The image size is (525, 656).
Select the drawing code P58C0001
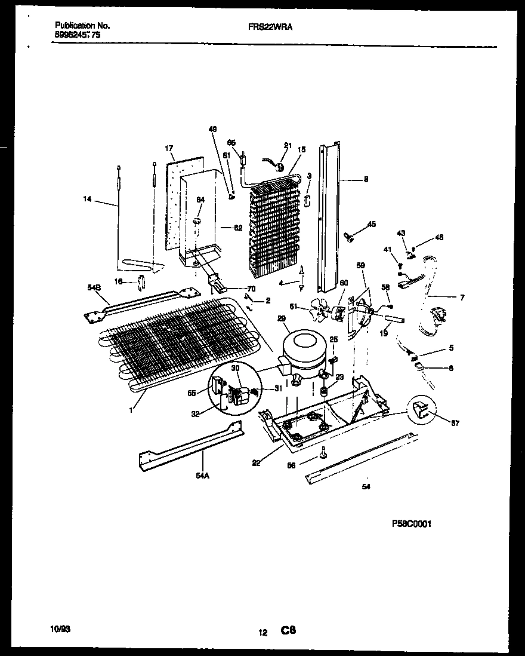point(411,523)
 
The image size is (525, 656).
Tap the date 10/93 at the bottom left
point(61,629)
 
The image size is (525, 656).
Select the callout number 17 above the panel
point(169,148)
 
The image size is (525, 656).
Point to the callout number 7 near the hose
point(462,297)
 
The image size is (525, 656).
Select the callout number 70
point(251,289)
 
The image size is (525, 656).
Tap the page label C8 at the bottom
point(289,630)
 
